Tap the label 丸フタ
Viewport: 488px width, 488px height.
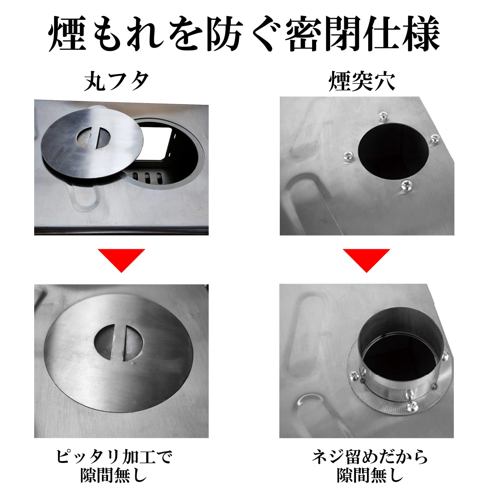116,81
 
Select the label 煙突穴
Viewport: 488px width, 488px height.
362,81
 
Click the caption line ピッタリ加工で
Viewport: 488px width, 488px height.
114,456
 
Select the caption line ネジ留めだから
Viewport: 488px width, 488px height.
370,456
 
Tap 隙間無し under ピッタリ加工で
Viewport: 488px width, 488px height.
114,475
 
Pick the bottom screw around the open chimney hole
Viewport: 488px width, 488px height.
407,185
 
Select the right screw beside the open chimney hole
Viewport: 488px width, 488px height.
435,139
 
